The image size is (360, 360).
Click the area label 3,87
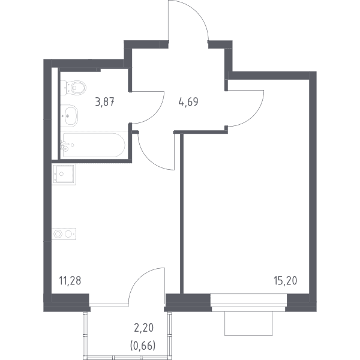tap(104, 102)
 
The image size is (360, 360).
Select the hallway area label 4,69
tap(188, 102)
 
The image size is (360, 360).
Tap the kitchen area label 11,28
tap(70, 281)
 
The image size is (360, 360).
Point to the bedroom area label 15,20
tap(286, 281)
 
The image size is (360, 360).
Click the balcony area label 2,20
tap(143, 328)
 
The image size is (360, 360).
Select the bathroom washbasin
tap(69, 116)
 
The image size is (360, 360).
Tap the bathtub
tap(93, 145)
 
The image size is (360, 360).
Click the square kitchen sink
tap(64, 175)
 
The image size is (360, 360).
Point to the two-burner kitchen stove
tap(64, 234)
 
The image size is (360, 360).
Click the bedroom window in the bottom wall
tap(248, 302)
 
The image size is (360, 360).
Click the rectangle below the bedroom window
tap(248, 323)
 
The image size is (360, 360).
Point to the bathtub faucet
tap(65, 145)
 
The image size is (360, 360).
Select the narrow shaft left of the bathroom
tap(55, 113)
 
